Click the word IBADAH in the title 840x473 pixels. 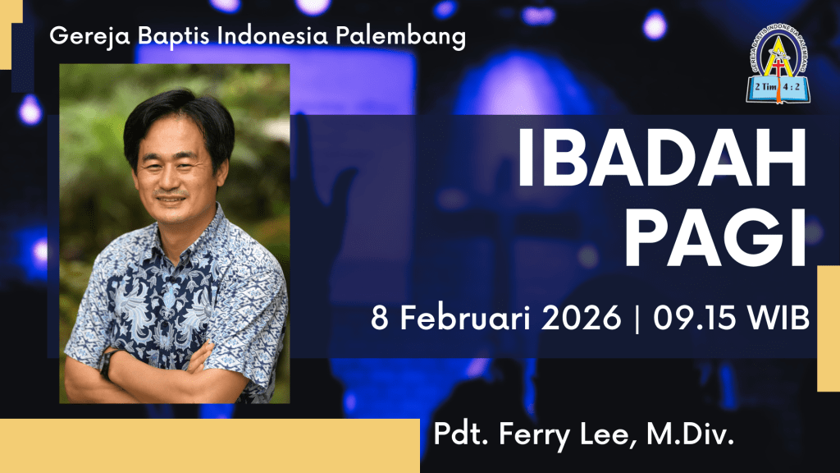point(661,158)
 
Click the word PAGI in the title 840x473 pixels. point(715,238)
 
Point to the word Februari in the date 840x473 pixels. point(466,318)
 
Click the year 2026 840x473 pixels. point(581,318)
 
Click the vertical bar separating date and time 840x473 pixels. point(637,319)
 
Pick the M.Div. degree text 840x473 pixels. point(690,434)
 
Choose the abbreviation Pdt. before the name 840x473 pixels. point(461,434)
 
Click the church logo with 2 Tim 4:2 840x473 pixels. point(778,63)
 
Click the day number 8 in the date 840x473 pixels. point(380,318)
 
